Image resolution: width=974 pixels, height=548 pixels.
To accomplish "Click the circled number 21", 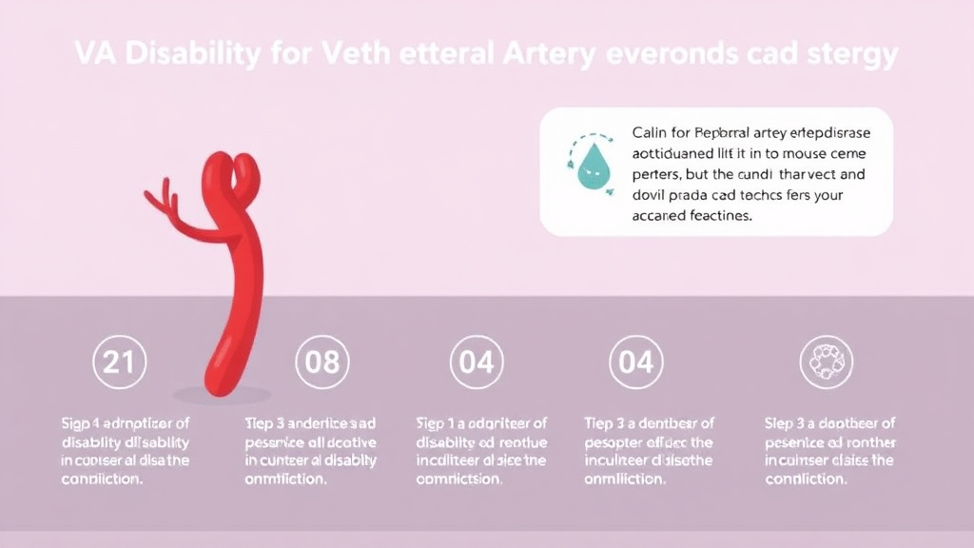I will [x=119, y=362].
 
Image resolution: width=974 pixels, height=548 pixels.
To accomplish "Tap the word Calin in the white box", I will [x=650, y=132].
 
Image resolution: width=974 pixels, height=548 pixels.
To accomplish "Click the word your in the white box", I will [x=825, y=195].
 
